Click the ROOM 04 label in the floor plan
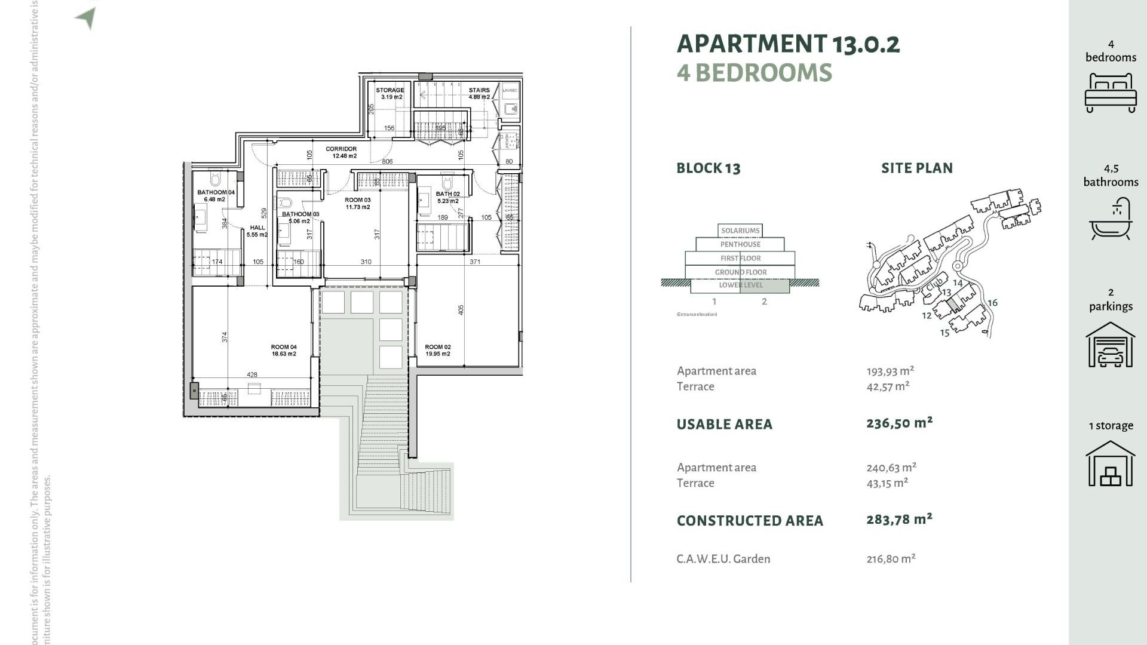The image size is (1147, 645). [284, 347]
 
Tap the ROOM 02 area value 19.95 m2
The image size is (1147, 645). [437, 354]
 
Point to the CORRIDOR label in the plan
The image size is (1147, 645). [341, 149]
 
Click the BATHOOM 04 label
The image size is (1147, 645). [216, 193]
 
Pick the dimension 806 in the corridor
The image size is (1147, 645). [387, 162]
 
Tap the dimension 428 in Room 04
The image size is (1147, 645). [252, 375]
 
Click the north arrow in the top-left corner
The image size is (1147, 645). [87, 17]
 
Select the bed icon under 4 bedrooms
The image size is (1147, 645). [1110, 93]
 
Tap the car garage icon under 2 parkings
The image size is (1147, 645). [1110, 345]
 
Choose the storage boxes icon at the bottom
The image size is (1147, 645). [1110, 464]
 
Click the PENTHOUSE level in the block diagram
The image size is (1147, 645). [740, 244]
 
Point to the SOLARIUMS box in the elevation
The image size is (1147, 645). [740, 231]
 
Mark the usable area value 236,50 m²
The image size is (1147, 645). [899, 423]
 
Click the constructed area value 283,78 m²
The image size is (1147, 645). [899, 520]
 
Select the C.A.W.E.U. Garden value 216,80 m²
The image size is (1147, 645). [891, 559]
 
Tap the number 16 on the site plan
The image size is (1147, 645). [992, 303]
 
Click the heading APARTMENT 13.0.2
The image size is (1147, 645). [788, 44]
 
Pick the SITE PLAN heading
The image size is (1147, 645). [916, 168]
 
